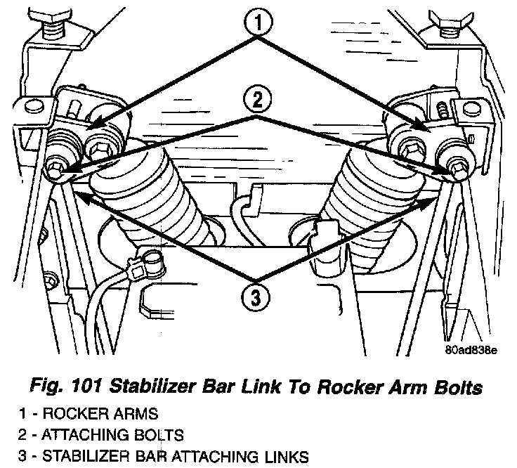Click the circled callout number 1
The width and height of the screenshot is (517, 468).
[x=258, y=23]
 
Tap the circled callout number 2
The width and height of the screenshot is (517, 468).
[x=258, y=102]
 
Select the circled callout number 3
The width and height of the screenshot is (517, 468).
[x=258, y=298]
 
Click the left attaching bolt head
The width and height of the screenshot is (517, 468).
[x=55, y=169]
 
